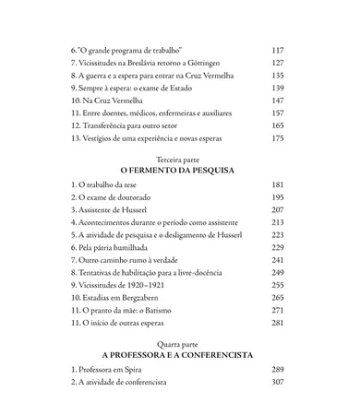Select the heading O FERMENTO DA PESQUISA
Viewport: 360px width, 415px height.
[179, 172]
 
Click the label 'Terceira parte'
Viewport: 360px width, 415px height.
[179, 159]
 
